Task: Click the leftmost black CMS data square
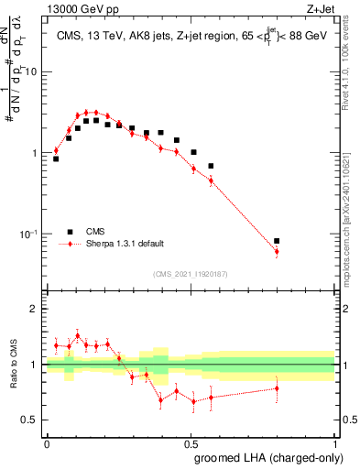click(x=56, y=158)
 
